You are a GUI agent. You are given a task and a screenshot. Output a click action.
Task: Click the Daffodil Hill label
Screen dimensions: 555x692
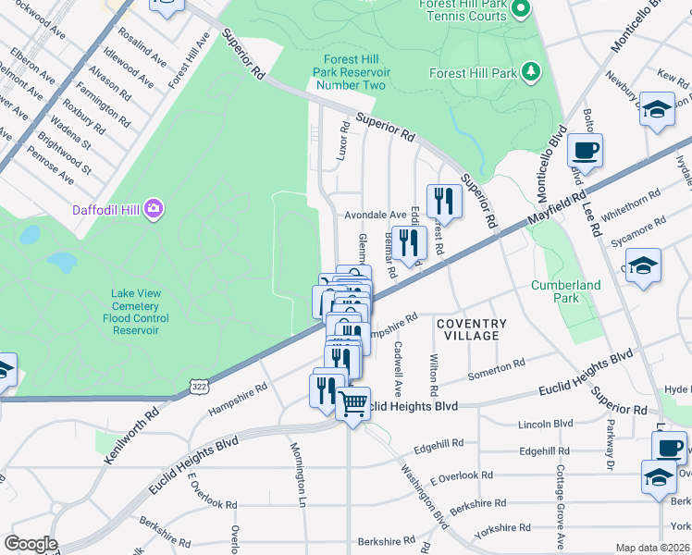click(107, 210)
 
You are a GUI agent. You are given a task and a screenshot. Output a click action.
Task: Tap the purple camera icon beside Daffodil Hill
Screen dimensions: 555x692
click(154, 209)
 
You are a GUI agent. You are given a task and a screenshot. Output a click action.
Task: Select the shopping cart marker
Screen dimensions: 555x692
click(352, 402)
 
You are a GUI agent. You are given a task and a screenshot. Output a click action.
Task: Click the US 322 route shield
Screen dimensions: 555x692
click(198, 385)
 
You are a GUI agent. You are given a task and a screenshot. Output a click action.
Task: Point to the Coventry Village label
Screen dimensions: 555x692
click(472, 329)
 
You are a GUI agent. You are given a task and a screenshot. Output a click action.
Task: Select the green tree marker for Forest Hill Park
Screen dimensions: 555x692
click(530, 71)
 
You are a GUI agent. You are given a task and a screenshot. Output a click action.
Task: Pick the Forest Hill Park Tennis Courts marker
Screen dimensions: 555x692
click(520, 10)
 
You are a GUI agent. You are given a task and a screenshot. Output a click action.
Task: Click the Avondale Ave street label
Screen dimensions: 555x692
click(376, 215)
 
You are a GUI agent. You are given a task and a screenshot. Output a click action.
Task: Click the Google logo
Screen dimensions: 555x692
click(31, 544)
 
